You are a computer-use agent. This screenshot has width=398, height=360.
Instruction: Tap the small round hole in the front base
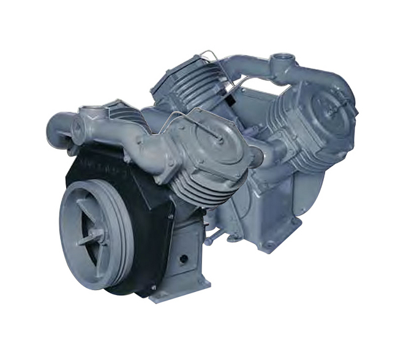[x=182, y=259]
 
